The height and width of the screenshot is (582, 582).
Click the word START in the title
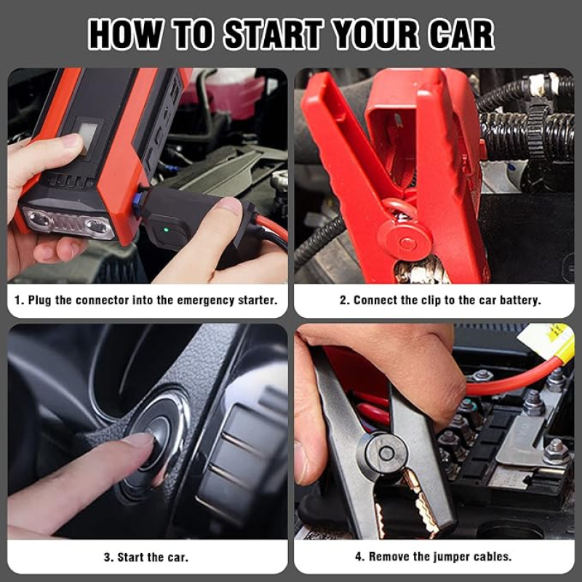pyautogui.click(x=274, y=34)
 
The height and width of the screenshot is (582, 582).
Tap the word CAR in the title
pyautogui.click(x=461, y=34)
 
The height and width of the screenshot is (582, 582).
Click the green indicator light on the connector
pyautogui.click(x=166, y=230)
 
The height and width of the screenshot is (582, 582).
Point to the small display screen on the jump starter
pyautogui.click(x=88, y=137)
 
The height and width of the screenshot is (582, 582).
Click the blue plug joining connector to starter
pyautogui.click(x=137, y=201)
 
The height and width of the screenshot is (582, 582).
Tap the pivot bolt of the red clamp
pyautogui.click(x=407, y=243)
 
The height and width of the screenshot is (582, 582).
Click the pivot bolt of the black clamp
pyautogui.click(x=386, y=453)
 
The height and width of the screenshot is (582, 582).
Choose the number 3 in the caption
pyautogui.click(x=108, y=557)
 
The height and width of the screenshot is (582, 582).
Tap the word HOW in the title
pyautogui.click(x=125, y=34)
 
